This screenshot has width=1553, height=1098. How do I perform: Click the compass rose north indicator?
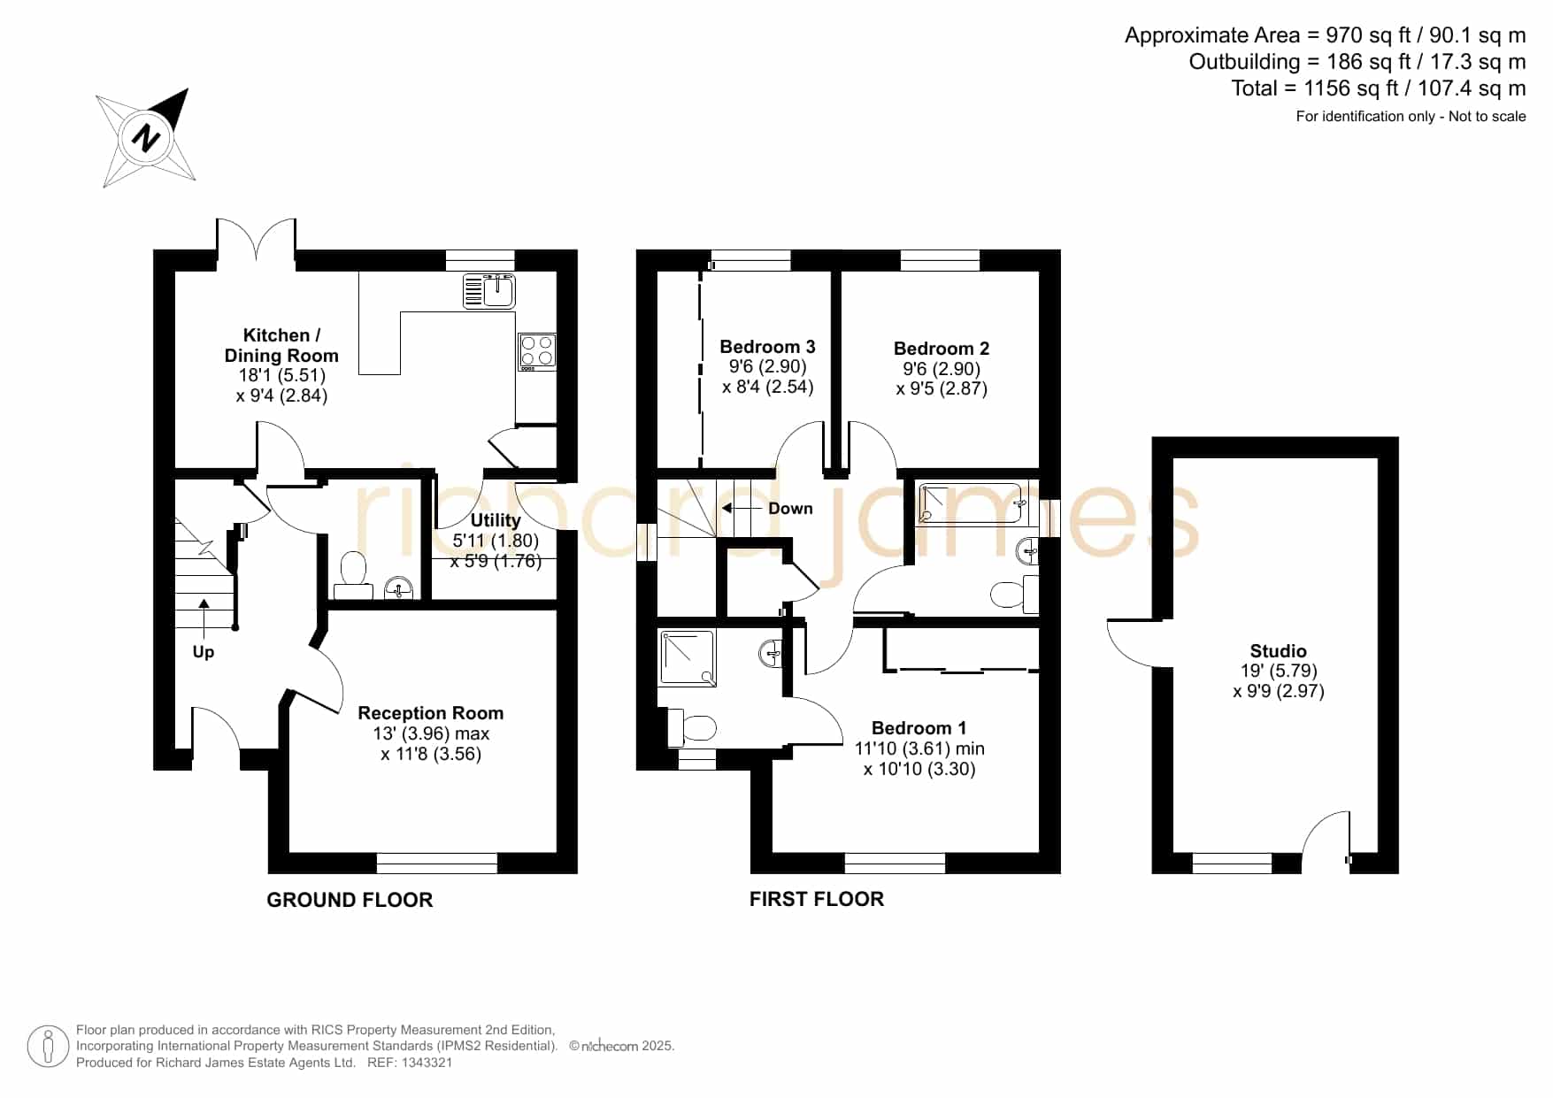pyautogui.click(x=146, y=138)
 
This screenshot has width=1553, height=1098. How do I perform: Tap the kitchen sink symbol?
pyautogui.click(x=489, y=291)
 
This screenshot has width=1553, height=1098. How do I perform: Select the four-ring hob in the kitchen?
pyautogui.click(x=537, y=350)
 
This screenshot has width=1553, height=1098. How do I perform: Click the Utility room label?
pyautogui.click(x=496, y=520)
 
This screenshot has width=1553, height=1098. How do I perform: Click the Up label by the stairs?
pyautogui.click(x=204, y=652)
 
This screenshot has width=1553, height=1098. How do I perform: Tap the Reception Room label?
pyautogui.click(x=431, y=713)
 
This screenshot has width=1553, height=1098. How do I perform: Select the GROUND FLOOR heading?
pyautogui.click(x=350, y=900)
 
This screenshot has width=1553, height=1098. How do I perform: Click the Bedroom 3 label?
pyautogui.click(x=767, y=347)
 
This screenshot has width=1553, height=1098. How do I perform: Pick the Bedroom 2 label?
pyautogui.click(x=942, y=349)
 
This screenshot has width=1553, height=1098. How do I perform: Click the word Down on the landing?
pyautogui.click(x=790, y=509)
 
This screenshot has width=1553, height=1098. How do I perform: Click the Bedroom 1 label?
pyautogui.click(x=919, y=728)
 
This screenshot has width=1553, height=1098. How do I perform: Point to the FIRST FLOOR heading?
pyautogui.click(x=817, y=899)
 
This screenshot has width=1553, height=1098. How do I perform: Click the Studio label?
pyautogui.click(x=1279, y=651)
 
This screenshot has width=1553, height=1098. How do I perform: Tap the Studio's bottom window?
pyautogui.click(x=1232, y=863)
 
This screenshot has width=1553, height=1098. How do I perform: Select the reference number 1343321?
pyautogui.click(x=428, y=1063)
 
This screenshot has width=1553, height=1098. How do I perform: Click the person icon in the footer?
pyautogui.click(x=48, y=1047)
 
